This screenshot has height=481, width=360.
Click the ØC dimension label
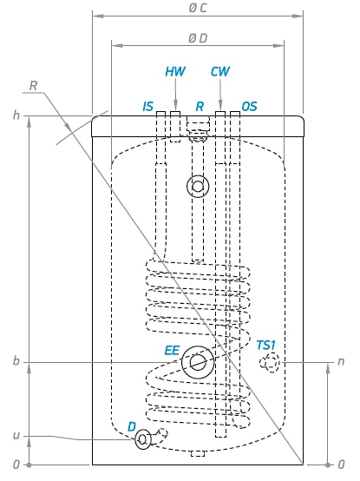(x=198, y=8)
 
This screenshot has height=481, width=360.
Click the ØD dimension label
(x=198, y=38)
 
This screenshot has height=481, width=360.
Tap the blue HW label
(x=175, y=71)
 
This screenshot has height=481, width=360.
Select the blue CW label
(x=220, y=71)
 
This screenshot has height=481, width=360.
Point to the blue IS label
(x=148, y=107)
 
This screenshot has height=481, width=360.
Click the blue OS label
(x=249, y=107)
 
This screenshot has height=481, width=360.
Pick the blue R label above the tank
(x=200, y=107)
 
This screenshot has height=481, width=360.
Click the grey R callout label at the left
(x=33, y=86)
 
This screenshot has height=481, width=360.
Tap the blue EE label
(x=172, y=350)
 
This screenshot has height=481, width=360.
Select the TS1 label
(x=266, y=345)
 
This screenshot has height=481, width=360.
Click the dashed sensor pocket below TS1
(x=270, y=363)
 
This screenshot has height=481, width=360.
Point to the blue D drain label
(x=132, y=426)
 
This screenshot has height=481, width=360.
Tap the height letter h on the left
(x=16, y=115)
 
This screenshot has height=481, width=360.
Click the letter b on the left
(x=16, y=361)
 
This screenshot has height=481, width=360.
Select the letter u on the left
(x=16, y=436)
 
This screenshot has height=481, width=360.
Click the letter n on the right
(x=341, y=362)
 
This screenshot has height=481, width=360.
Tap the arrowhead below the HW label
(x=175, y=103)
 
